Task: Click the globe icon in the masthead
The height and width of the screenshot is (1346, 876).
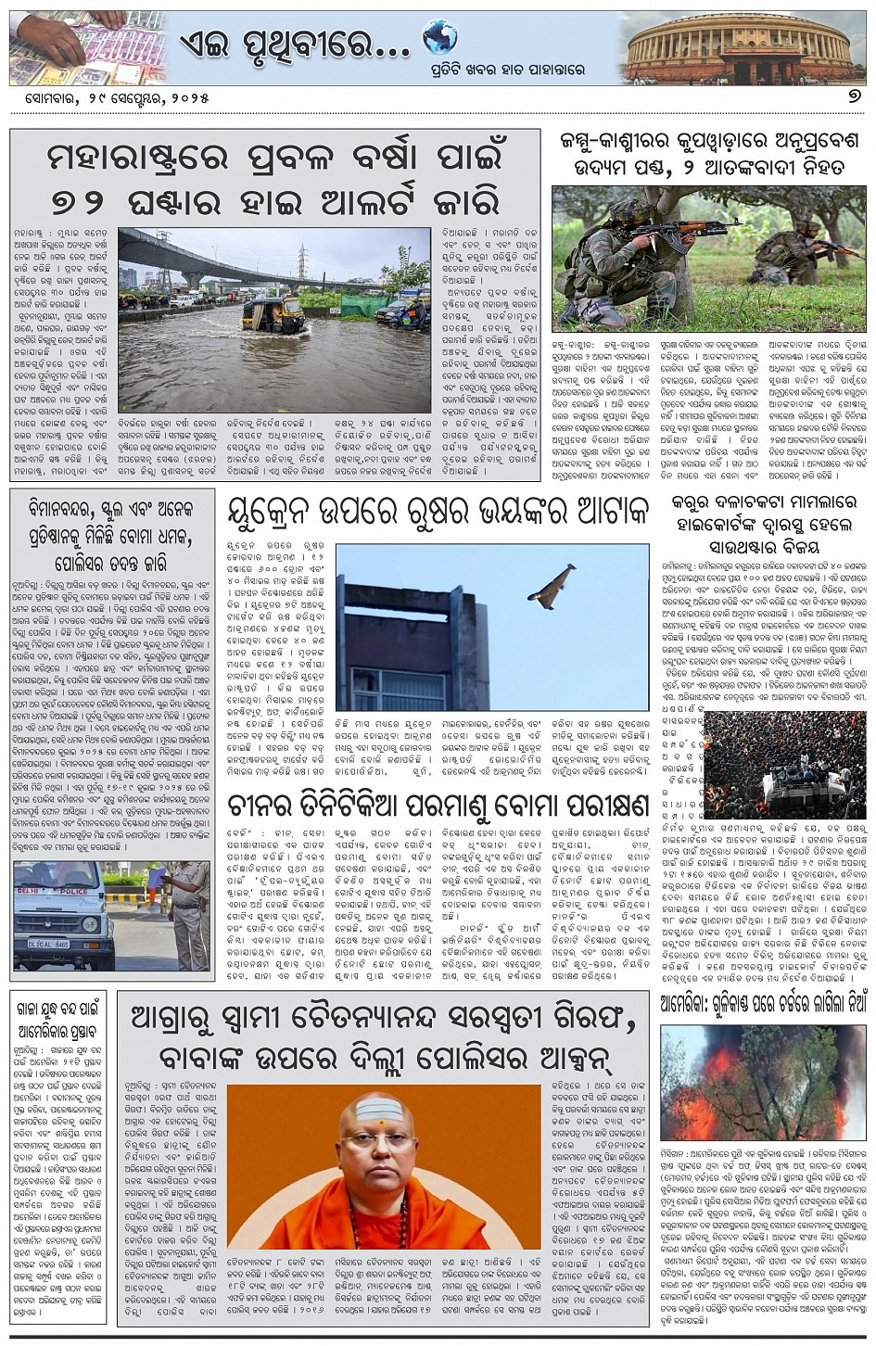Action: (440, 38)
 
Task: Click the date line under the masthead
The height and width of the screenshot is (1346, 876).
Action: (111, 97)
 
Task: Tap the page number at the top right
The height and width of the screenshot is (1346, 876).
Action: (848, 97)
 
